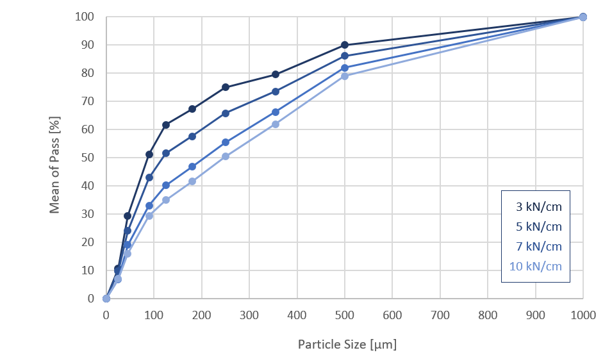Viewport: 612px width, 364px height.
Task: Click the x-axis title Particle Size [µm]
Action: tap(347, 345)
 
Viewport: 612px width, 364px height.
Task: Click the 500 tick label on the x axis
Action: tap(345, 315)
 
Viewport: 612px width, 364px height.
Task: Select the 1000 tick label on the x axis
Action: tap(583, 315)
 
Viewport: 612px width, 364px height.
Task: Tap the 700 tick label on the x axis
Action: tap(440, 315)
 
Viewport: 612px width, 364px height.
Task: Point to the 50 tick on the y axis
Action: tap(87, 158)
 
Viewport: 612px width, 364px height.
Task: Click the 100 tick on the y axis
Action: tap(85, 17)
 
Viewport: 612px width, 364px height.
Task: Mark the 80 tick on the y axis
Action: tap(87, 73)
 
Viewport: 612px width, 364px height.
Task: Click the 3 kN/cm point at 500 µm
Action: tap(345, 45)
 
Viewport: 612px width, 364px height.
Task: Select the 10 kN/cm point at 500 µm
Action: tap(345, 76)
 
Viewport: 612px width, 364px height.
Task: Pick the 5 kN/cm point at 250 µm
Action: tap(226, 113)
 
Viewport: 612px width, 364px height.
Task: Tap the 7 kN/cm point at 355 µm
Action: tap(276, 112)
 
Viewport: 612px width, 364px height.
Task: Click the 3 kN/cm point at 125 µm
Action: tap(166, 125)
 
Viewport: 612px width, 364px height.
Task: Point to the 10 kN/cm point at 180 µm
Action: tap(192, 181)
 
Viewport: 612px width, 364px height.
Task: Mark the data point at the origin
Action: tap(106, 299)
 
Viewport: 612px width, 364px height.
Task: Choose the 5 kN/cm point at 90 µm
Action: tap(149, 178)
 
